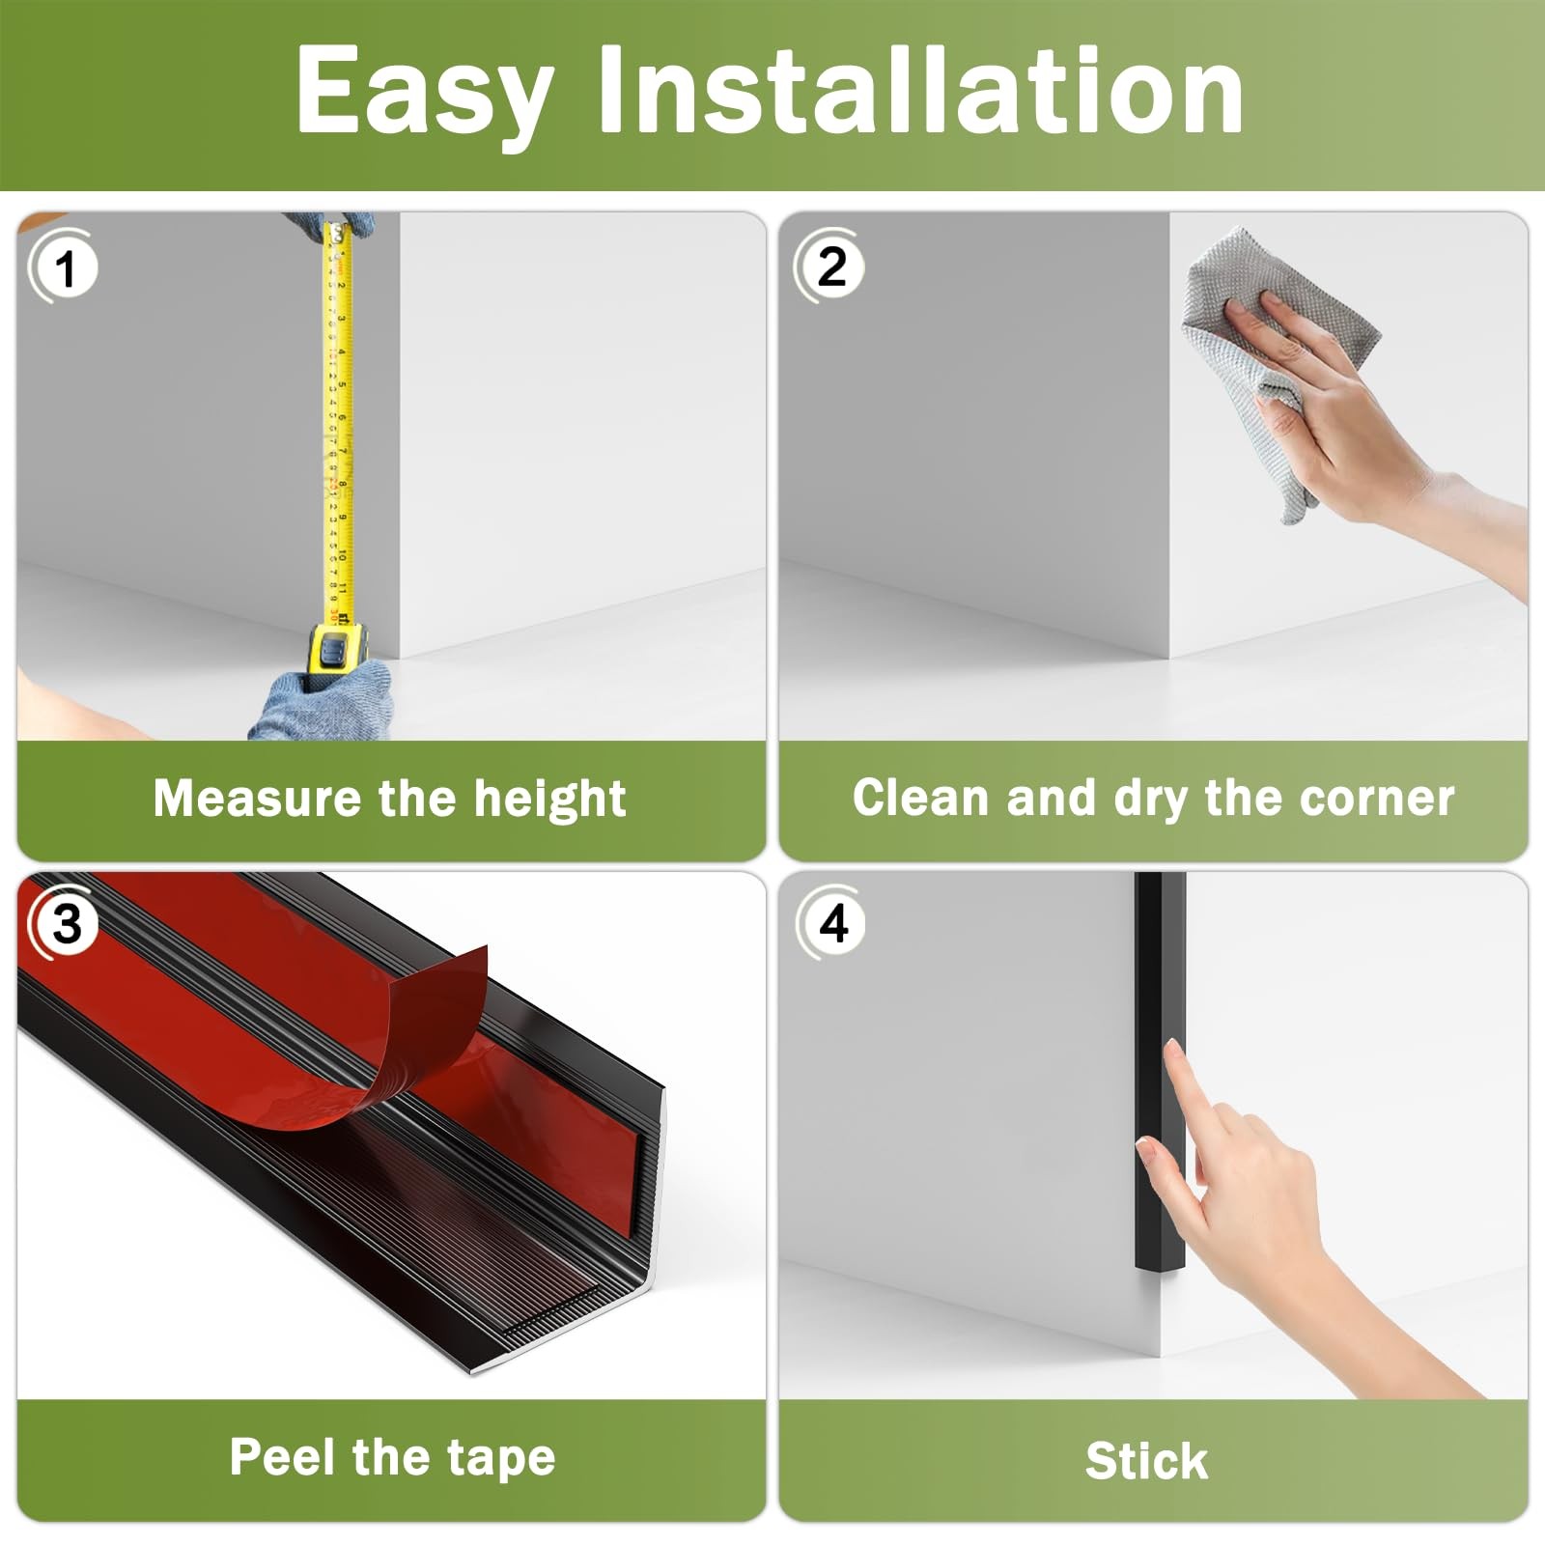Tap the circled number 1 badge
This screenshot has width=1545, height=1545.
tap(64, 267)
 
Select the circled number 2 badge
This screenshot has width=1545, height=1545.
tap(829, 266)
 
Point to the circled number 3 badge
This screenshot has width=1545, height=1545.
tap(64, 924)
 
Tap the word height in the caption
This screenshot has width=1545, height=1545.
tap(549, 800)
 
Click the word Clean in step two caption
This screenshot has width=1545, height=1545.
tap(922, 798)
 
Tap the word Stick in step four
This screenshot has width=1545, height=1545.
tap(1146, 1460)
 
